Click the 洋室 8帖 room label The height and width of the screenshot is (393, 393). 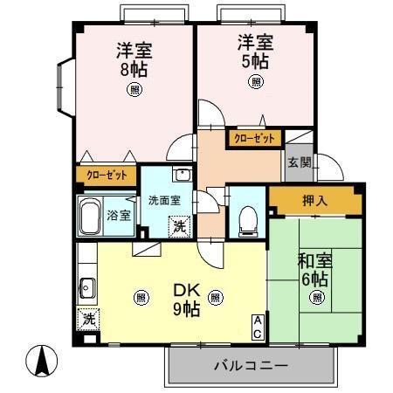tap(134, 58)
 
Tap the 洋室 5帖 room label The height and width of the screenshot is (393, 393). tap(255, 50)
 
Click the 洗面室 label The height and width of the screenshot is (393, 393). tap(163, 199)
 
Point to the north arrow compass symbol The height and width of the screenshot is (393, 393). tap(45, 359)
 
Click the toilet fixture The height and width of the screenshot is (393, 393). tap(245, 220)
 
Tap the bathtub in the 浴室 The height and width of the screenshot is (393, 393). tap(91, 216)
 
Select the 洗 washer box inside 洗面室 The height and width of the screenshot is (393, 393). tap(178, 226)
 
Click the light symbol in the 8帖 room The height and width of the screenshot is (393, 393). tap(134, 88)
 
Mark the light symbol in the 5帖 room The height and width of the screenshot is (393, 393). tap(256, 82)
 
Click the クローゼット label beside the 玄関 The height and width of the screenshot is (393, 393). tap(255, 138)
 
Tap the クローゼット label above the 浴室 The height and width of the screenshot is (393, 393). tap(106, 175)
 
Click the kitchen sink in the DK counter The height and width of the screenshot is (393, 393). tap(87, 283)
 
